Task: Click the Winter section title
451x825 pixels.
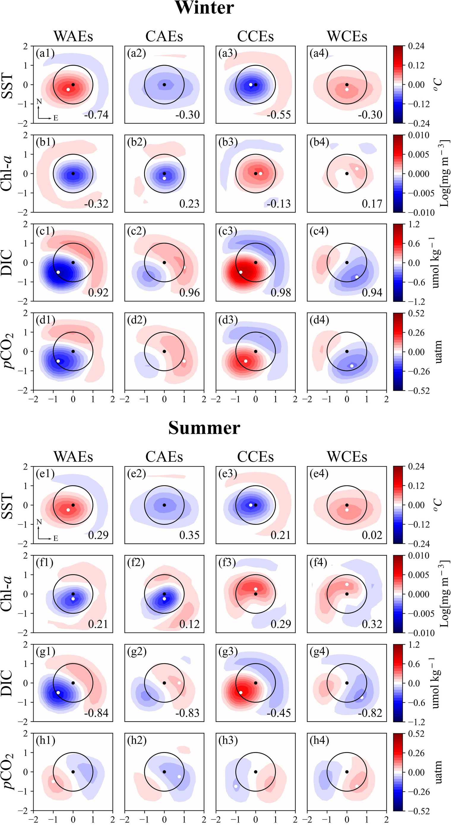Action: click(204, 8)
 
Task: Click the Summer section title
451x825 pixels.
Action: click(204, 428)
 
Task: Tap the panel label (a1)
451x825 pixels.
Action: click(45, 53)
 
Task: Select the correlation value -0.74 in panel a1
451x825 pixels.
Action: click(96, 115)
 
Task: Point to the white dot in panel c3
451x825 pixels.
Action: click(241, 272)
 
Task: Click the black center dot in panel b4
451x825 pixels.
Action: click(347, 174)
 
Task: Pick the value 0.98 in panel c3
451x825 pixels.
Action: click(280, 293)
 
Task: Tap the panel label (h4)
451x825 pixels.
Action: click(319, 740)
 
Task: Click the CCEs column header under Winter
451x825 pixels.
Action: click(255, 37)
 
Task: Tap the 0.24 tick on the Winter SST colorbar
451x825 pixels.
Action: click(416, 46)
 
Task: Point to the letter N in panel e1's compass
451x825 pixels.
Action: click(39, 522)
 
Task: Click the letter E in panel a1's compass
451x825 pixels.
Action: click(56, 118)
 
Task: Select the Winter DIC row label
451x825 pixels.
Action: click(7, 263)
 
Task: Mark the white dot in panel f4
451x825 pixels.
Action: click(347, 584)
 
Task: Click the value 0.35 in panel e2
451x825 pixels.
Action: click(189, 535)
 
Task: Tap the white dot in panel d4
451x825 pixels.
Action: click(352, 366)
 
